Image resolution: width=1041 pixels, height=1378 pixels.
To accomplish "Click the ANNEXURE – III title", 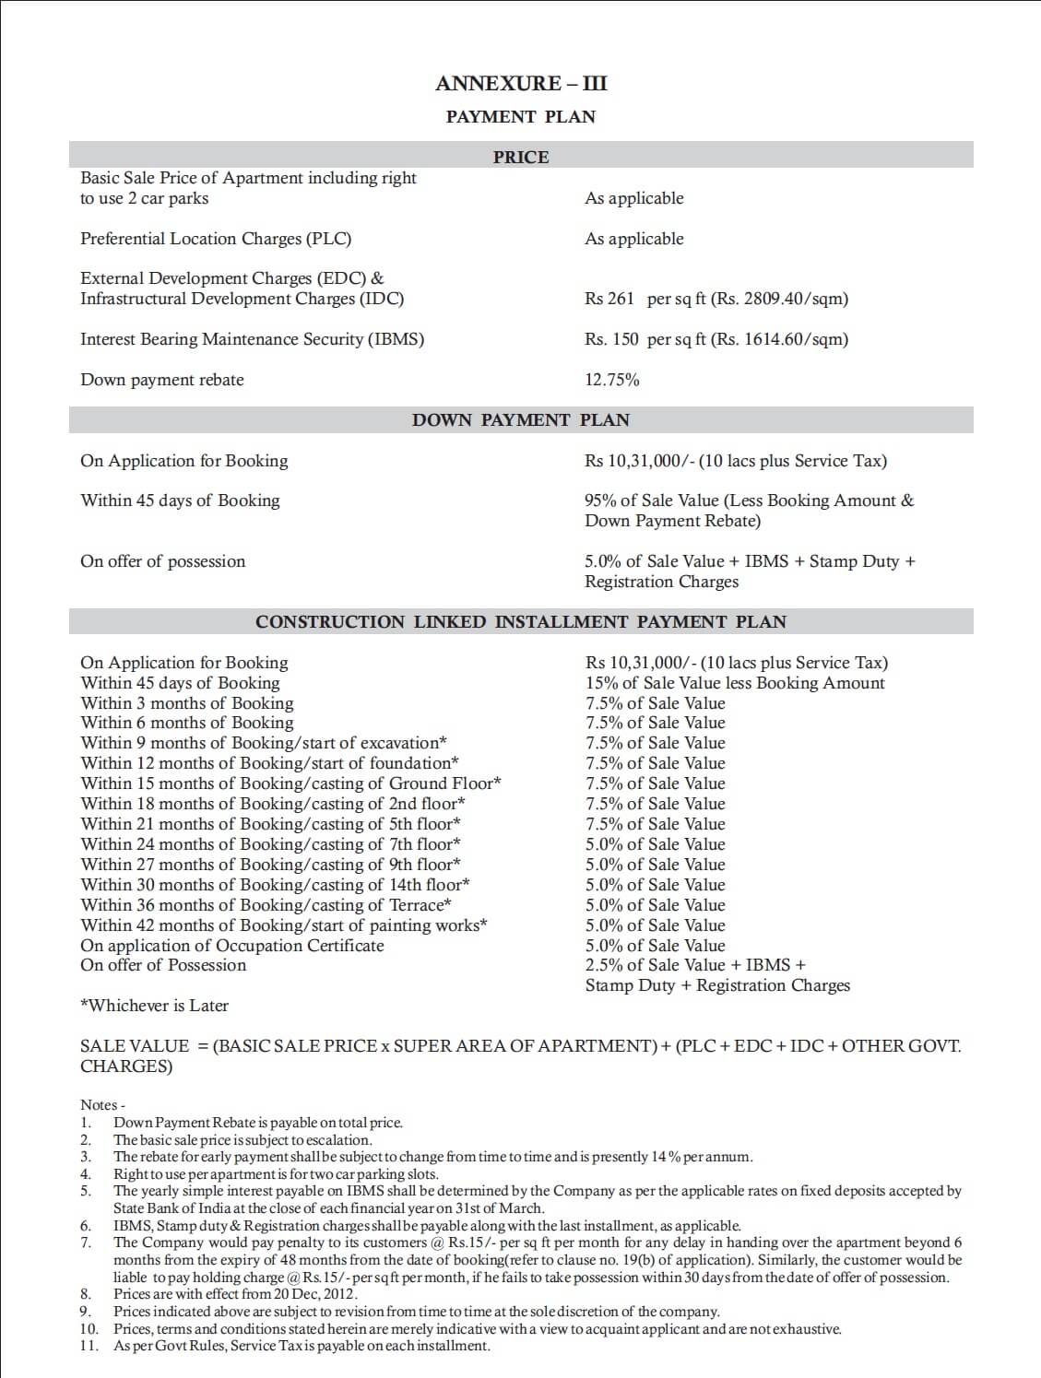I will (521, 84).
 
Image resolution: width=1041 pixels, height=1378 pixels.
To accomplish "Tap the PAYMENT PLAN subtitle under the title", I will (521, 117).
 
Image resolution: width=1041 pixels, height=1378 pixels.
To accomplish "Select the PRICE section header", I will (521, 158).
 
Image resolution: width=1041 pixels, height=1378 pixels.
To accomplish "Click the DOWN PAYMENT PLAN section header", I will (521, 420).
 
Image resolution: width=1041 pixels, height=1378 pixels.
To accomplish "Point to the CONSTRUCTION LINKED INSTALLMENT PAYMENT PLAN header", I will (521, 622).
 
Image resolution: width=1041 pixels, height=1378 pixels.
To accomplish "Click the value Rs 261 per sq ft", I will (716, 299).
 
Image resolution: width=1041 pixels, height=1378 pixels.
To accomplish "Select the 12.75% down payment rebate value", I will (612, 380).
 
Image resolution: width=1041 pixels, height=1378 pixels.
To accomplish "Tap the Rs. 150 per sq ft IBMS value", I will (716, 339).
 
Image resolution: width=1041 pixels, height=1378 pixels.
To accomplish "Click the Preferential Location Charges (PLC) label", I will (216, 239).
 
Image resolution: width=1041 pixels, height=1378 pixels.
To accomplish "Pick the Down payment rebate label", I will (162, 380).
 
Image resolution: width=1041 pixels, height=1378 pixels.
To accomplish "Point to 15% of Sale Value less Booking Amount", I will (735, 683).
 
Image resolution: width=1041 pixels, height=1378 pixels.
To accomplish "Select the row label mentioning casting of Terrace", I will (266, 905).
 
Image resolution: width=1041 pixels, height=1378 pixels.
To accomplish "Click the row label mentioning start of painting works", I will (284, 925).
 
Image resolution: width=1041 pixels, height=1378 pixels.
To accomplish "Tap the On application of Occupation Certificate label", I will (232, 946).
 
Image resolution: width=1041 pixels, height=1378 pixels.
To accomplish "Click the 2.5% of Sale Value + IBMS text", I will (695, 965).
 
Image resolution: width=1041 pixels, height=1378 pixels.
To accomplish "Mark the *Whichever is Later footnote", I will (155, 1006).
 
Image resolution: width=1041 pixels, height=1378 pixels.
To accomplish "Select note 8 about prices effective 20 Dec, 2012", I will (235, 1294).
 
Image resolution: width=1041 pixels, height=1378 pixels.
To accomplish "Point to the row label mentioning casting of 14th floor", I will (276, 885).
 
